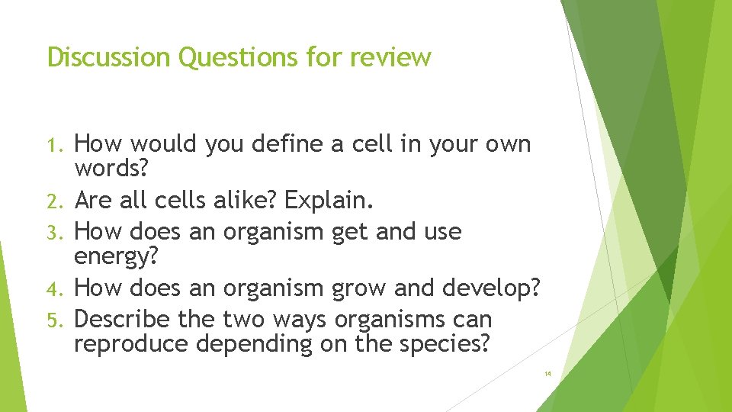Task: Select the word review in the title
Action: tap(391, 57)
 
